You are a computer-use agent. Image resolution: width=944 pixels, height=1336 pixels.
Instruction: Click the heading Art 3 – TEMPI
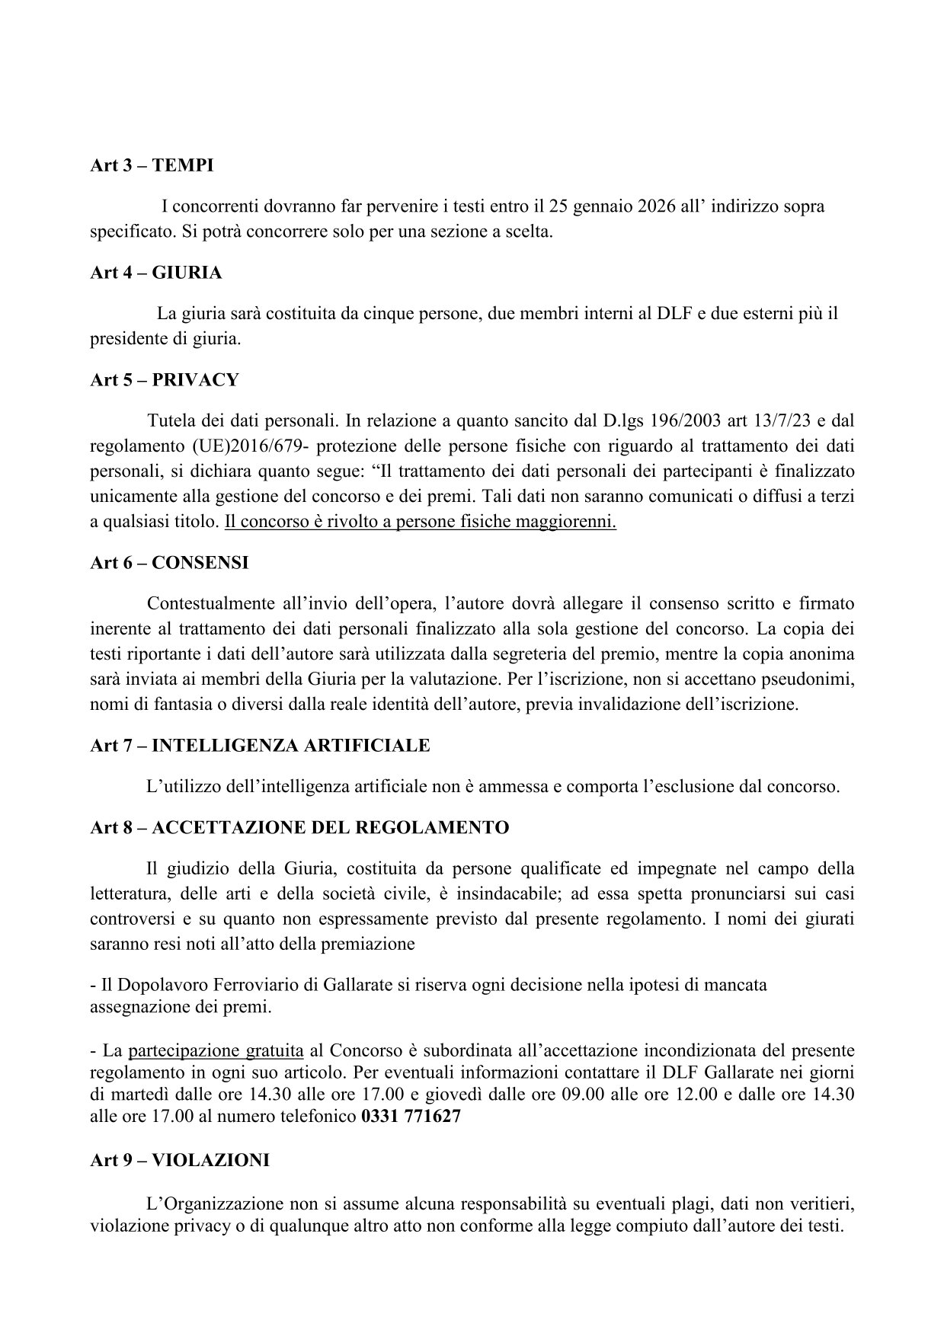152,165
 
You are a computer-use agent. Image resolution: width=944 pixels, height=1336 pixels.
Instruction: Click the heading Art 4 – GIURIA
155,272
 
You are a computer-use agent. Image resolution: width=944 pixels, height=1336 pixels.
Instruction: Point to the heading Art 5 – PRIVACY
164,379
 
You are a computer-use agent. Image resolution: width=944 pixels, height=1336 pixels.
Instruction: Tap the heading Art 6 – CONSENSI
169,563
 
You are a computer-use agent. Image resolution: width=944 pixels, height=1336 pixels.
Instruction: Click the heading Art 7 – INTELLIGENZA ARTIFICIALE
260,746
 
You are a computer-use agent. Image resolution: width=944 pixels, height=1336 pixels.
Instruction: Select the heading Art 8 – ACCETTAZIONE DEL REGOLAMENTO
299,827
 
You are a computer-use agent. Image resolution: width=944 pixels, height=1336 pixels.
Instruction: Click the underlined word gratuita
274,1051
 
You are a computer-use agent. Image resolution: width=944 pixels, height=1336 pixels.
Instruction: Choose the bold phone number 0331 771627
411,1118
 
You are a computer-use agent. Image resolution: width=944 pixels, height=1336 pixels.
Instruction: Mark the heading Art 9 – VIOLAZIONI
179,1160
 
